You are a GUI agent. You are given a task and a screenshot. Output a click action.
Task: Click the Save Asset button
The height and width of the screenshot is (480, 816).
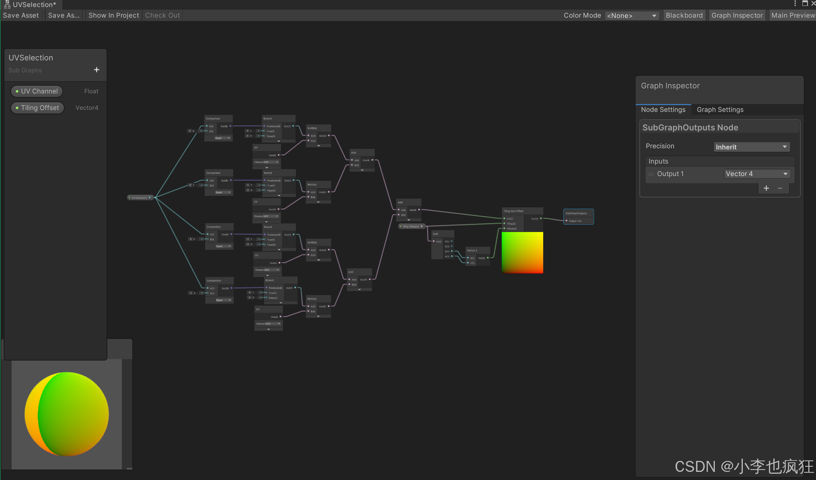tap(21, 15)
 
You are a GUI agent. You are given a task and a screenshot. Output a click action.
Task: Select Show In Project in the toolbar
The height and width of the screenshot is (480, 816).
tap(114, 15)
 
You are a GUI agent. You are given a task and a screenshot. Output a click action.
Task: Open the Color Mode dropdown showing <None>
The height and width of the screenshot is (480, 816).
tap(632, 16)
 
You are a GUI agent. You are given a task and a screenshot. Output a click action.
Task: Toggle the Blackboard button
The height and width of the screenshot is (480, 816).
tap(684, 15)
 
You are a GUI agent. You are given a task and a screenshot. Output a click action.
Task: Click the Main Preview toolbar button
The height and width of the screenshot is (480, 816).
tap(793, 15)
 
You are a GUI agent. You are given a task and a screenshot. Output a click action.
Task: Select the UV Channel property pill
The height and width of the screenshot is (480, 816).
tap(37, 91)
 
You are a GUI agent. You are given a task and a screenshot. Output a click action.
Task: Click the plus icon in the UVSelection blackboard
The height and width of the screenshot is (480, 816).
tap(97, 70)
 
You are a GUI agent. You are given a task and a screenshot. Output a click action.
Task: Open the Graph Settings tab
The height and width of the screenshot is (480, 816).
tap(720, 110)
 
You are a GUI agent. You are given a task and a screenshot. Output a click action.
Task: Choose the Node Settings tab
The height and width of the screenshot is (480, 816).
tap(663, 110)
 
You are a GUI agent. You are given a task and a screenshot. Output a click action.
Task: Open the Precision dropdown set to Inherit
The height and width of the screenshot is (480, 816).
tap(751, 147)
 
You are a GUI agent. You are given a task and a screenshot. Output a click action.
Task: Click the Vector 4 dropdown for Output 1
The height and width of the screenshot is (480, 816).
tap(757, 174)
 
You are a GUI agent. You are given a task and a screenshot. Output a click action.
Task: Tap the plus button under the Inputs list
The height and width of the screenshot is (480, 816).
tap(766, 188)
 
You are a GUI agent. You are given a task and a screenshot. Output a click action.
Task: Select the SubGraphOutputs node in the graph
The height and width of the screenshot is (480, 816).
tap(578, 214)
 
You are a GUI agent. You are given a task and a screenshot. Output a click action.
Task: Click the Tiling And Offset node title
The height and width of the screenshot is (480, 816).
tap(522, 211)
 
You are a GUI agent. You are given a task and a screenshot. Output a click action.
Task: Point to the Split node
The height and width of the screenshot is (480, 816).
tap(443, 234)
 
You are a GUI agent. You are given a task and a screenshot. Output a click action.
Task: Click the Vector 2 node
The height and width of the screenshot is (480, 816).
tap(477, 250)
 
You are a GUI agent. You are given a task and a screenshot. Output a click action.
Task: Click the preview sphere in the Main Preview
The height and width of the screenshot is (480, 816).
tap(67, 414)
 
